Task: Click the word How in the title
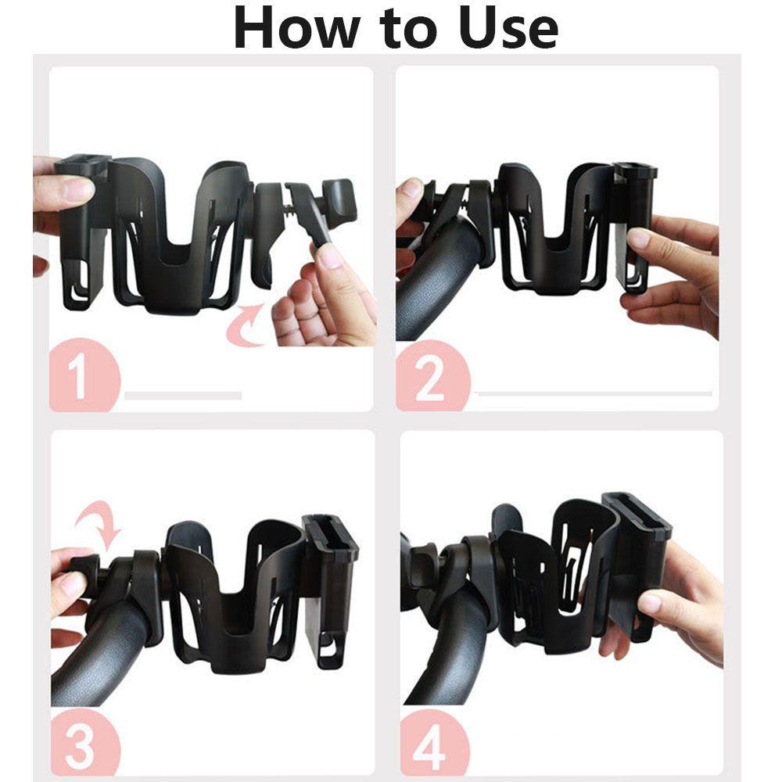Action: [x=296, y=28]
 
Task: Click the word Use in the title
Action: [x=508, y=28]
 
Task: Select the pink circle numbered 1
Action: [x=84, y=375]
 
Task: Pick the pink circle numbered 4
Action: [x=434, y=743]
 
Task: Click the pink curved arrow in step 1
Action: [x=247, y=325]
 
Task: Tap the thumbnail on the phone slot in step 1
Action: [x=77, y=189]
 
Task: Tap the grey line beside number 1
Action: [x=183, y=396]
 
